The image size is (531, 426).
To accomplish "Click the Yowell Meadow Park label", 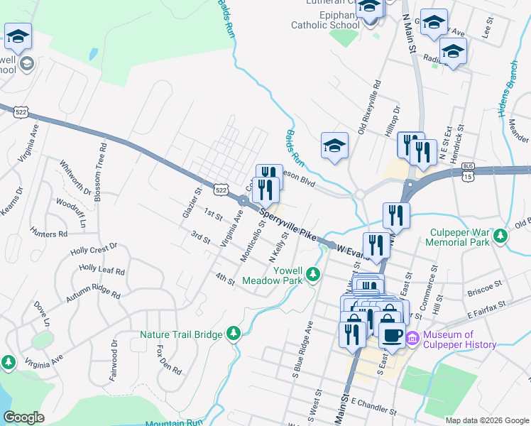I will pyautogui.click(x=273, y=275).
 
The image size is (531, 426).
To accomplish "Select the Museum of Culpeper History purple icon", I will pyautogui.click(x=415, y=340).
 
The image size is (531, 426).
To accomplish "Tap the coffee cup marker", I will pyautogui.click(x=391, y=334).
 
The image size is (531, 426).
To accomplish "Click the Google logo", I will pyautogui.click(x=24, y=417).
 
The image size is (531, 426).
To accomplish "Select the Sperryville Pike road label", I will pyautogui.click(x=287, y=222).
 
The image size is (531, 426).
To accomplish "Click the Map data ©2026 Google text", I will pyautogui.click(x=486, y=420).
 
